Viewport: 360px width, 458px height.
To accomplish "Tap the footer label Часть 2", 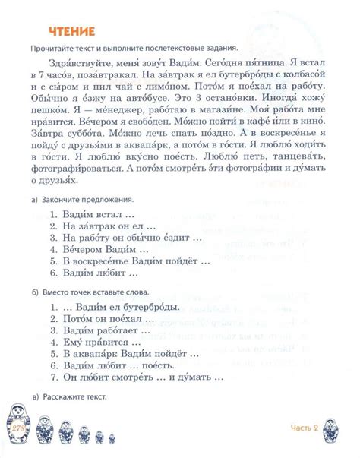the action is tap(308, 430).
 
